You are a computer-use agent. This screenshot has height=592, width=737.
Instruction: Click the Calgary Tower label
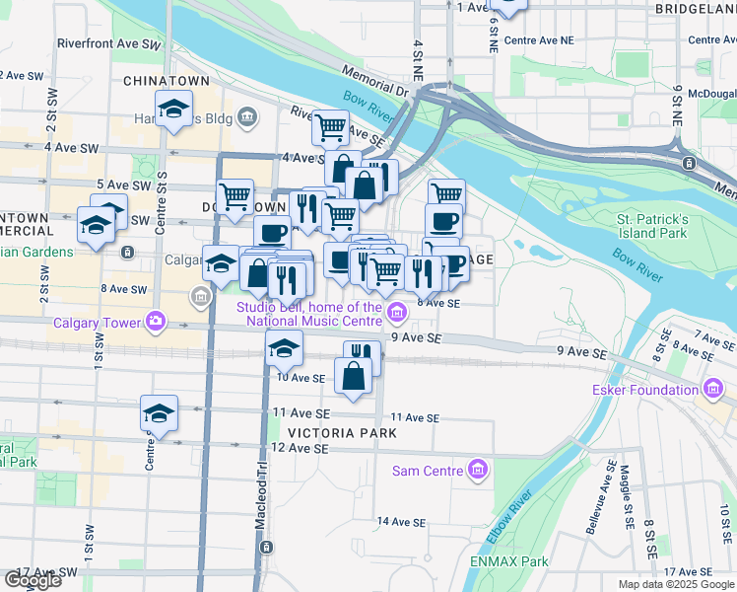[95, 322]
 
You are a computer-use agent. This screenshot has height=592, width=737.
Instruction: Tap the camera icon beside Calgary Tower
[156, 321]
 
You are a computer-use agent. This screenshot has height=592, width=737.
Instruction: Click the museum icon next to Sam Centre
[478, 471]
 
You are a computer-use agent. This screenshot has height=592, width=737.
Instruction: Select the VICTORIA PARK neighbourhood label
[343, 433]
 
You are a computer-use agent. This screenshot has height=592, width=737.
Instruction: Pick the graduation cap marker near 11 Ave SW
[158, 413]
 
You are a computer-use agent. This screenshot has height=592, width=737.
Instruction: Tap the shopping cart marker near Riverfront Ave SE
[330, 127]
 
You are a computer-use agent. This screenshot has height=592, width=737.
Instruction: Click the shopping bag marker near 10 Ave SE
[354, 376]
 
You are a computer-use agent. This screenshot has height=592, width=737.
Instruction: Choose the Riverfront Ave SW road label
[108, 44]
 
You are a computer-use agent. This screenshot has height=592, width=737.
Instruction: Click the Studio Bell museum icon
[397, 314]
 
